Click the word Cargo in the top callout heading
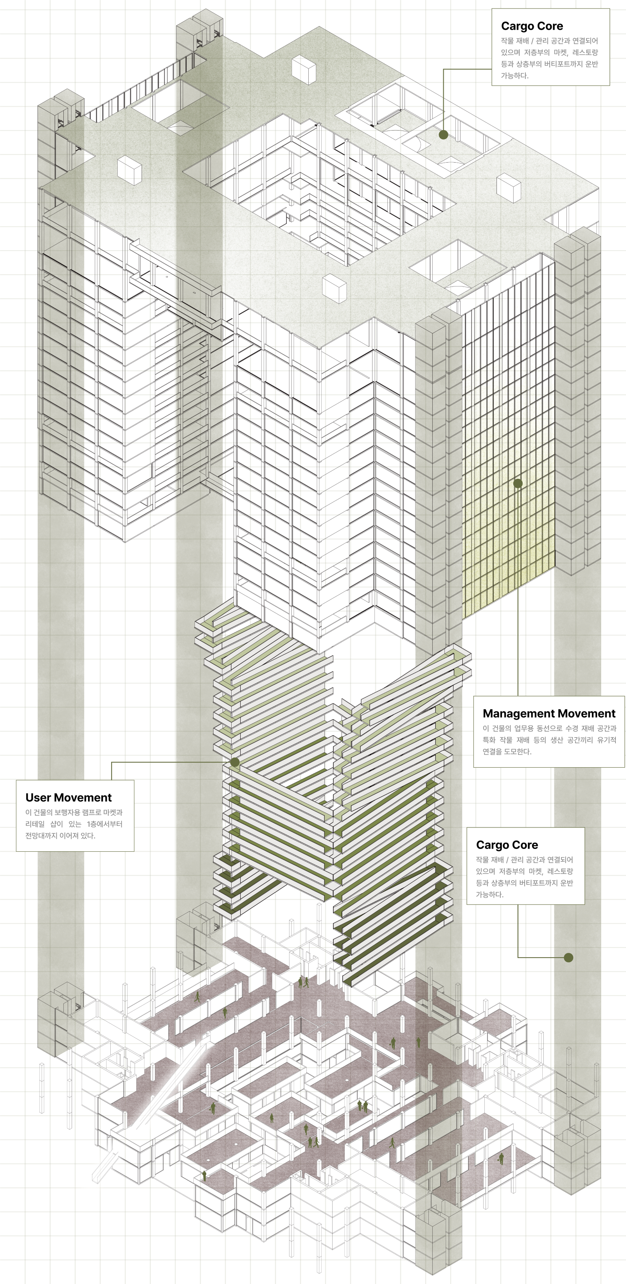coord(517,26)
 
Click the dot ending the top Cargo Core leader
coord(443,134)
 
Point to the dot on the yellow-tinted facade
coord(518,483)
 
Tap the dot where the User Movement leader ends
coord(235,762)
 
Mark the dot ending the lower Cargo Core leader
coord(568,958)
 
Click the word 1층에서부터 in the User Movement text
coord(104,824)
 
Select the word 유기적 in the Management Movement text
coord(606,740)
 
